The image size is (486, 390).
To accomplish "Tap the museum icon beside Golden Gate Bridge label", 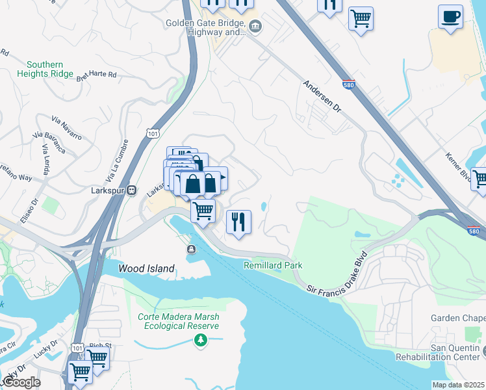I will [x=255, y=26].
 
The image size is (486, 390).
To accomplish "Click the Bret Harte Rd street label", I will [x=96, y=76].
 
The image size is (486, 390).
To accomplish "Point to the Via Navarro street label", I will [x=66, y=127].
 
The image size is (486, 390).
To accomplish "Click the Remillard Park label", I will [x=273, y=265].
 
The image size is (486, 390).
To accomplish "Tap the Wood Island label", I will [x=146, y=268].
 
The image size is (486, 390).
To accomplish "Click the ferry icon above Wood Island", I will [x=192, y=250].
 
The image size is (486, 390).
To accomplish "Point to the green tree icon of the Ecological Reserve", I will [x=201, y=340].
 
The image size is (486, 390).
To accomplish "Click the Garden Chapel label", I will [x=458, y=318].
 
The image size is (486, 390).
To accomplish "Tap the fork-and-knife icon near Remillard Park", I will [x=238, y=222].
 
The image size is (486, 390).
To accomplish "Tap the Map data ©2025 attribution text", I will [x=458, y=385].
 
